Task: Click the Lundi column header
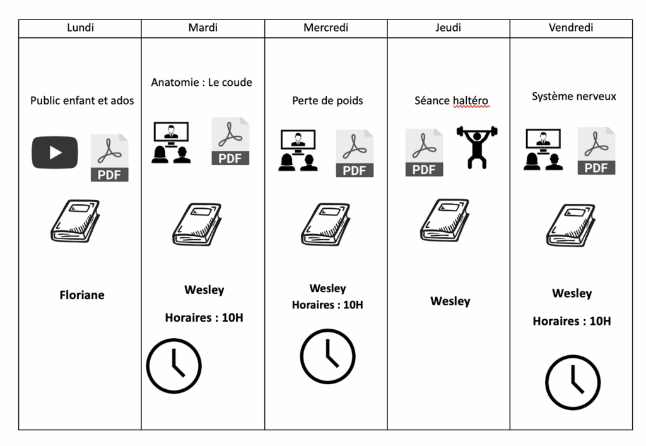click(80, 28)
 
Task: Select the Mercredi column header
click(326, 28)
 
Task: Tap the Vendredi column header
click(571, 28)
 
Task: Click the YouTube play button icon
click(55, 153)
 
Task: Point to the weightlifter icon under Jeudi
click(477, 147)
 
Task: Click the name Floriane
click(82, 295)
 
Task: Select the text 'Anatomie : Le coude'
click(201, 82)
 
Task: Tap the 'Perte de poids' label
click(327, 100)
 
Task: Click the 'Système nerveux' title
click(574, 97)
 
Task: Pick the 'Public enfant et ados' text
click(82, 100)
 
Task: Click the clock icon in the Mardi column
click(174, 366)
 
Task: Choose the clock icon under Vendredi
click(573, 382)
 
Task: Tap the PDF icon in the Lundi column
click(110, 158)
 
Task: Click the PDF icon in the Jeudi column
click(424, 152)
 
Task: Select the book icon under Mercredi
click(325, 224)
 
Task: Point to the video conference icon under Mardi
click(170, 143)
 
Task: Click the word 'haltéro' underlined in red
click(470, 100)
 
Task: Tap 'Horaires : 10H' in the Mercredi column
click(327, 305)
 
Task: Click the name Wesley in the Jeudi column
click(450, 301)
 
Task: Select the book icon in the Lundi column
click(75, 221)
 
